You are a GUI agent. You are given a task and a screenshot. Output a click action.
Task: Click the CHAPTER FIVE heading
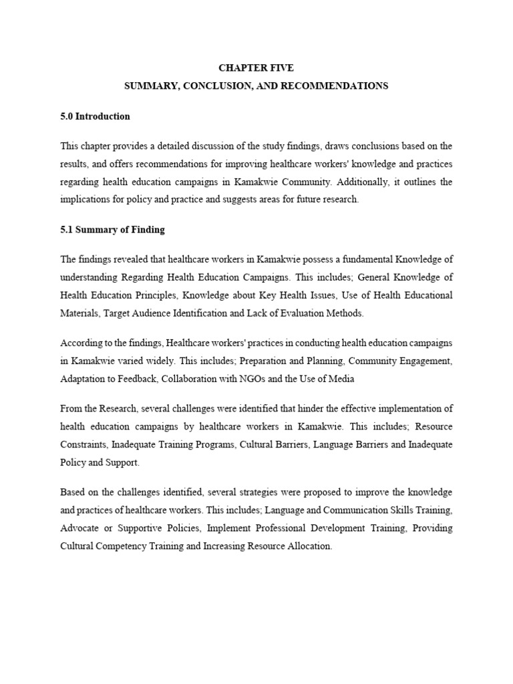tap(256, 68)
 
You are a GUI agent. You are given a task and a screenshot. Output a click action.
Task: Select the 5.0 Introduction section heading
tap(95, 116)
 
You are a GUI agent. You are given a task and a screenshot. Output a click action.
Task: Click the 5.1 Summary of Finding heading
tap(112, 230)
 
